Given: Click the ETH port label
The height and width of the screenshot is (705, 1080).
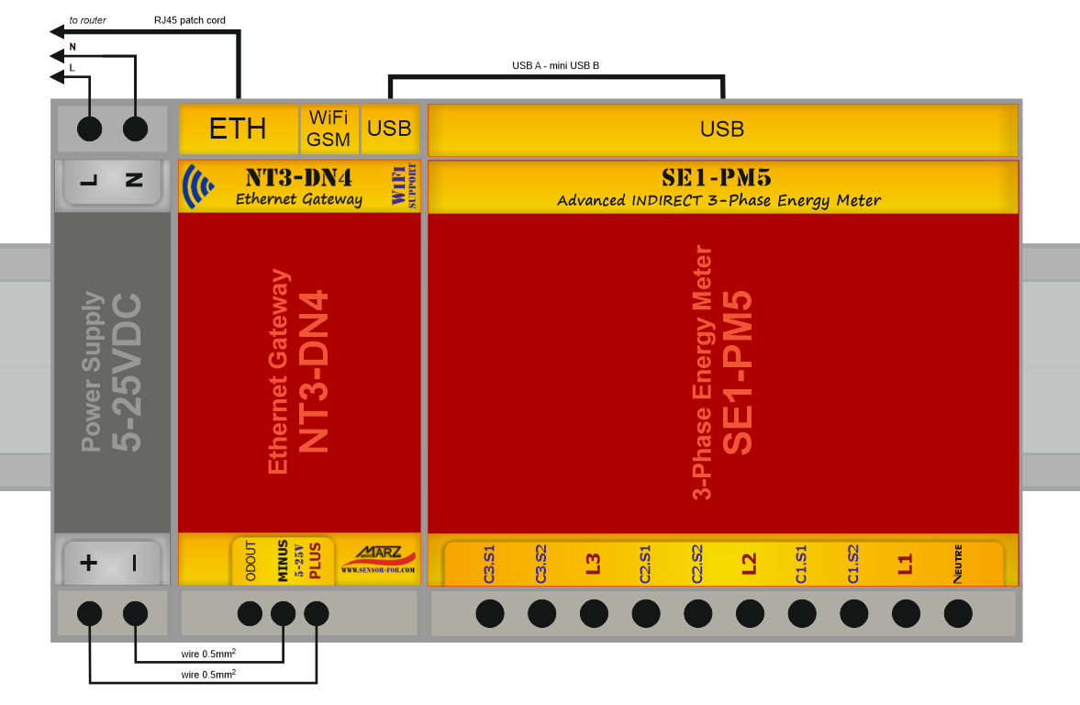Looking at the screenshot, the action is pyautogui.click(x=238, y=129).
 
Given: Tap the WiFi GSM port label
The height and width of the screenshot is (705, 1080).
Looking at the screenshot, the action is pyautogui.click(x=328, y=129).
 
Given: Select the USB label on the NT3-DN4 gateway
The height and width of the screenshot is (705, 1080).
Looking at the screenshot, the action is pyautogui.click(x=389, y=129).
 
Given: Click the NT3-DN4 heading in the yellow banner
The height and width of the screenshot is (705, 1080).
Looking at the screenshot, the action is pyautogui.click(x=299, y=177).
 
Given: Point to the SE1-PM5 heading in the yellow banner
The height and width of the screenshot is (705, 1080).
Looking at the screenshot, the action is pyautogui.click(x=717, y=177).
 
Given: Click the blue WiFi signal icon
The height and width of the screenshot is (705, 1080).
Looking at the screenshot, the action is pyautogui.click(x=198, y=186).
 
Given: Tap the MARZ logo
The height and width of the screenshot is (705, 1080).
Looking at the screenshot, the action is pyautogui.click(x=379, y=559).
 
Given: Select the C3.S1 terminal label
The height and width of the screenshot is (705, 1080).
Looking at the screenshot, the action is pyautogui.click(x=489, y=565).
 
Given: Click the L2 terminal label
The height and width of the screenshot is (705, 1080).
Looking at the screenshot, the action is pyautogui.click(x=749, y=565).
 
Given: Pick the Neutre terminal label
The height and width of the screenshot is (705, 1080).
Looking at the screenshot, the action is pyautogui.click(x=958, y=564).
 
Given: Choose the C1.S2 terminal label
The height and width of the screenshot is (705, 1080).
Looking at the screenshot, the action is pyautogui.click(x=852, y=565).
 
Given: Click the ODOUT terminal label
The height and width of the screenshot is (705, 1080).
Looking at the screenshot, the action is pyautogui.click(x=251, y=561).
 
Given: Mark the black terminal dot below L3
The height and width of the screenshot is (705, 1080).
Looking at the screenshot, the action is pyautogui.click(x=594, y=613).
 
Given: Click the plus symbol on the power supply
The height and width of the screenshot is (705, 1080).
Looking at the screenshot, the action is pyautogui.click(x=89, y=563).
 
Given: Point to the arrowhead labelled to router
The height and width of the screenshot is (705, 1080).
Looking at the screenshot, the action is pyautogui.click(x=58, y=32).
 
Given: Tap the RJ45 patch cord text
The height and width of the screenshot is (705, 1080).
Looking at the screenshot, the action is pyautogui.click(x=189, y=20).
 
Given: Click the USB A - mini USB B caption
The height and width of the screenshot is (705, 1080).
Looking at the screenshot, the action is pyautogui.click(x=555, y=65).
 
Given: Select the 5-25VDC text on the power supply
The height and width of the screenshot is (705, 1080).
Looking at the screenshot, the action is pyautogui.click(x=127, y=373).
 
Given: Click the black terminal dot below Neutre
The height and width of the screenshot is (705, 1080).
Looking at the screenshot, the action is pyautogui.click(x=958, y=613).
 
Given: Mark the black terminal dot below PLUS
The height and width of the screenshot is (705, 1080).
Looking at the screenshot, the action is pyautogui.click(x=317, y=613).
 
